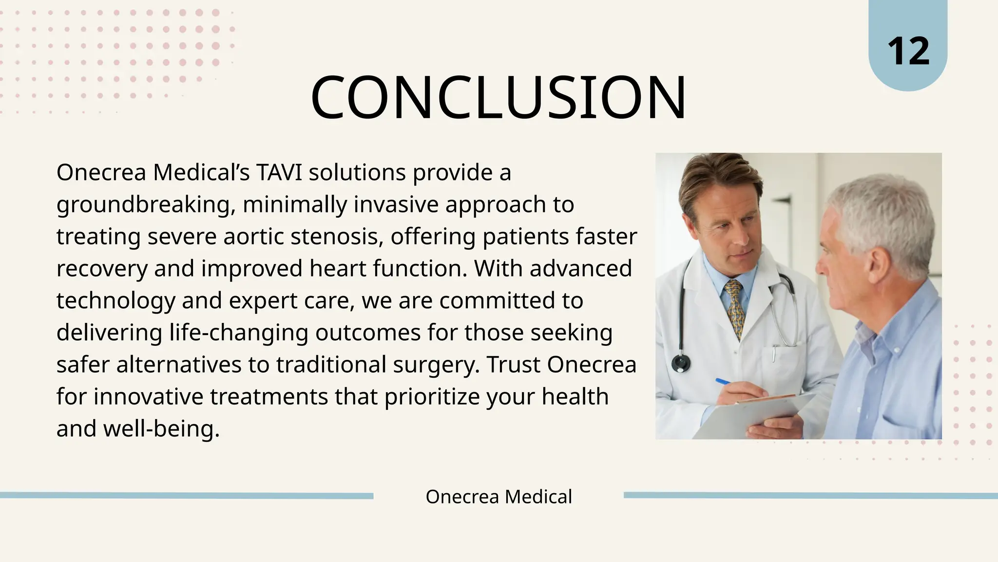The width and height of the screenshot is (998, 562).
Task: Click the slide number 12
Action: (x=908, y=51)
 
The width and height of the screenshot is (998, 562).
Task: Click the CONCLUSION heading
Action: (x=499, y=98)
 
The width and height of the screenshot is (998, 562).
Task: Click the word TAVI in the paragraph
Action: (x=279, y=172)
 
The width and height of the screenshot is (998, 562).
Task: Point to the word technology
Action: (x=115, y=301)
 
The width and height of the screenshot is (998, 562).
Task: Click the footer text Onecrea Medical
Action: (x=499, y=497)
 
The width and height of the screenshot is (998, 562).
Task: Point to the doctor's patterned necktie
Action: (x=735, y=307)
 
